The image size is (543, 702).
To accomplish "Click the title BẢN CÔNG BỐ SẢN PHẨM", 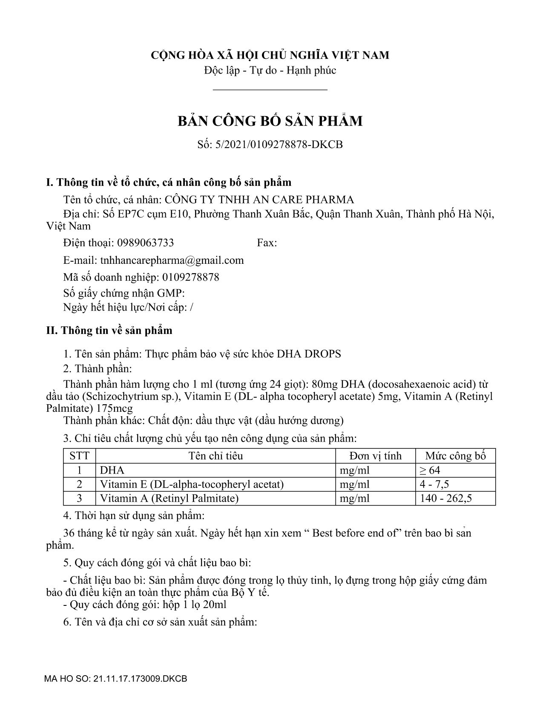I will coord(270,121).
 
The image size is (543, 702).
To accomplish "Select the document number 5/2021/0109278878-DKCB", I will coord(281,145).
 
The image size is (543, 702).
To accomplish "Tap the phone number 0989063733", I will coord(145,243).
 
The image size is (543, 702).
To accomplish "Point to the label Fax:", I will coord(267,243).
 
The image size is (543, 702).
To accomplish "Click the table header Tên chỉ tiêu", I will coord(215,456).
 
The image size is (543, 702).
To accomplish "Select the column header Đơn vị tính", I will coord(375,456).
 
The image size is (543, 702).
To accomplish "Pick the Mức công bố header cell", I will coord(455,456).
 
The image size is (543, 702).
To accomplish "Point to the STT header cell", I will coord(80,456).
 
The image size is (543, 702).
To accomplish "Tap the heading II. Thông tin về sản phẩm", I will coord(109,331).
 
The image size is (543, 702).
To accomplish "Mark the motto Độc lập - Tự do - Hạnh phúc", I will coord(270,70).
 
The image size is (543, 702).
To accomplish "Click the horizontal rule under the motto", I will coord(270,90).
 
